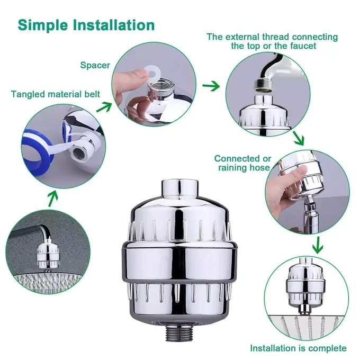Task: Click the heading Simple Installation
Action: [x=86, y=25]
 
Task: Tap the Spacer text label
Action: [x=95, y=66]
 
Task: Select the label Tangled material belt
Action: [x=55, y=94]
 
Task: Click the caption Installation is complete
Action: [x=298, y=348]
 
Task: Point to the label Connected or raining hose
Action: [x=243, y=163]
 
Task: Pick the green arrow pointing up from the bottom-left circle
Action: [x=52, y=199]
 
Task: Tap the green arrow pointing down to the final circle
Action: [x=317, y=245]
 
